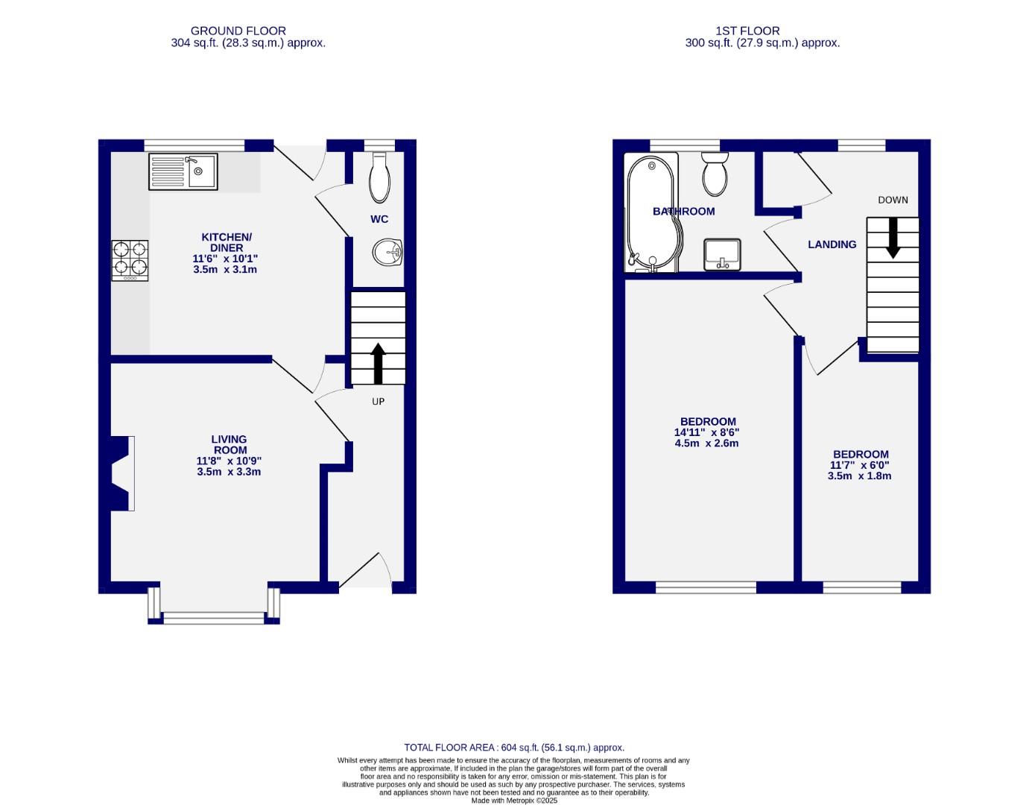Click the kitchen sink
coord(183,171)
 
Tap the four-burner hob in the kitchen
coord(130,260)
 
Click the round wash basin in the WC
coord(387,252)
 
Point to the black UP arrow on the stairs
coord(378,363)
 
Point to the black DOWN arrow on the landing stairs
coord(892,238)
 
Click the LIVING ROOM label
coord(229,445)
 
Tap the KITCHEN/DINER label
coord(227,242)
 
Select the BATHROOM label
coord(683,212)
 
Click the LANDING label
coord(832,244)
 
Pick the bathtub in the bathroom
coord(651,212)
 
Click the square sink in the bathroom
coord(721,254)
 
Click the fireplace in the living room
coord(121,473)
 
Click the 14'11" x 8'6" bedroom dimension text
coord(706,432)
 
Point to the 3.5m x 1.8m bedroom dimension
coord(859,476)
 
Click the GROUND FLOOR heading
coord(238,31)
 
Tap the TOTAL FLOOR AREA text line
coord(514,747)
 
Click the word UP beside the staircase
coord(378,402)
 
